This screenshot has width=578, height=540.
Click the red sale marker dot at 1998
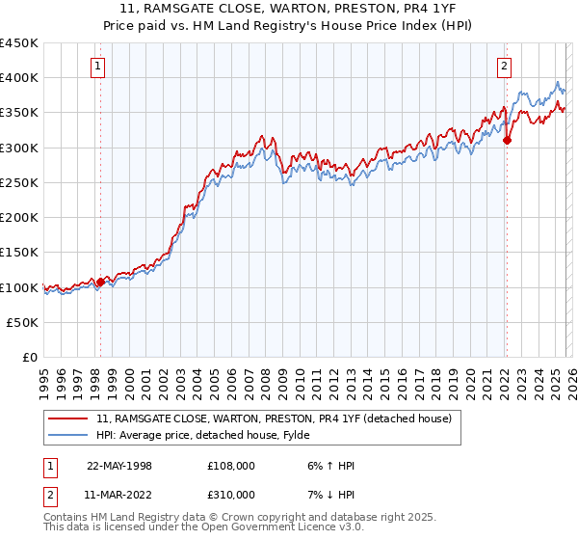100,283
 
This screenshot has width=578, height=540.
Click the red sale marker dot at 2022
507,140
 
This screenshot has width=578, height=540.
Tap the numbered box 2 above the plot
505,67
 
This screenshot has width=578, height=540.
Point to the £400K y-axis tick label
19,78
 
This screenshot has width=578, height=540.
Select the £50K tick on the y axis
23,323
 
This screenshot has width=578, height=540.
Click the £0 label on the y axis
30,358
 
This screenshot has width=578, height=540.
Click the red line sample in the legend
67,418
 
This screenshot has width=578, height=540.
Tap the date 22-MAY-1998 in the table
119,466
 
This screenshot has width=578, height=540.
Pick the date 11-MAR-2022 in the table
119,494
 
